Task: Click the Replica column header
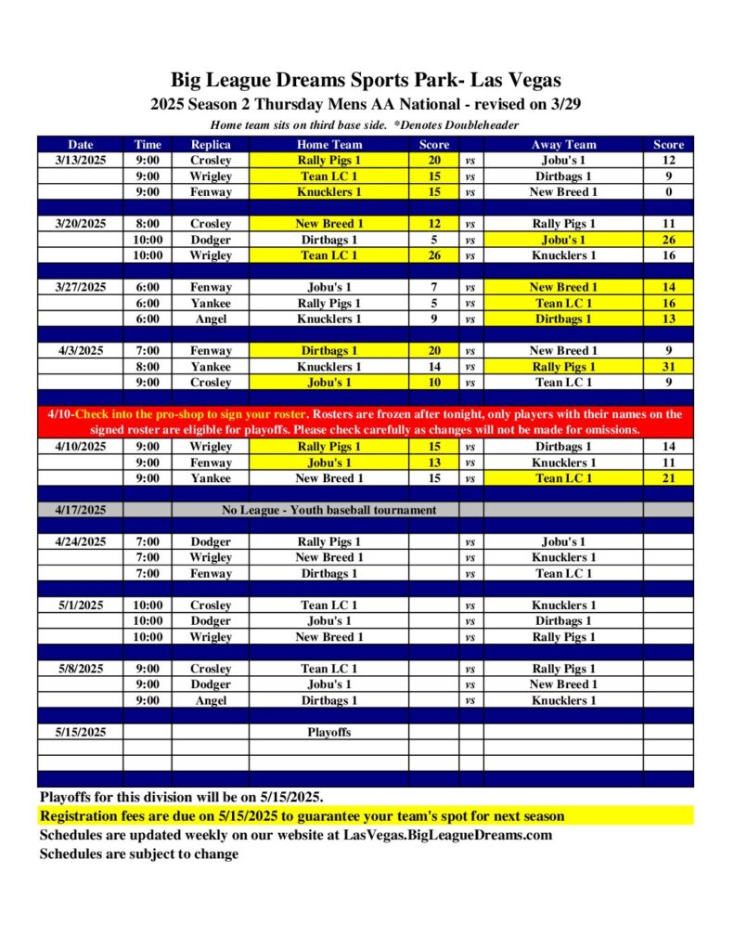tap(210, 144)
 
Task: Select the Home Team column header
tap(329, 144)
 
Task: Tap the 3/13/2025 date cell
tap(81, 160)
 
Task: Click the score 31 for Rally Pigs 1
tap(668, 367)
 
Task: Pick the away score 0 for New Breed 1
tap(668, 192)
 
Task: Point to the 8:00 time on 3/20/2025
tap(148, 224)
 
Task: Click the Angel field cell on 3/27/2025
tap(210, 319)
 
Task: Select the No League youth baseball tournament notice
tap(329, 510)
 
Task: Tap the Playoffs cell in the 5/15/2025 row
tap(329, 732)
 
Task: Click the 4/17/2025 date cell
tap(81, 510)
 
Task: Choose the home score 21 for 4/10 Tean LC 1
tap(668, 478)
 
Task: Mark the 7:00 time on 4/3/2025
tap(148, 351)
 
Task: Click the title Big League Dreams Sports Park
tap(366, 80)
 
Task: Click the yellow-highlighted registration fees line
tap(302, 816)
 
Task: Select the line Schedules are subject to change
tap(138, 853)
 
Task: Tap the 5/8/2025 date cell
tap(81, 669)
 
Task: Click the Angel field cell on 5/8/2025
tap(210, 700)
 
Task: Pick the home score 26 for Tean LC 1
tap(434, 255)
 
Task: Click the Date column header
tap(81, 144)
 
